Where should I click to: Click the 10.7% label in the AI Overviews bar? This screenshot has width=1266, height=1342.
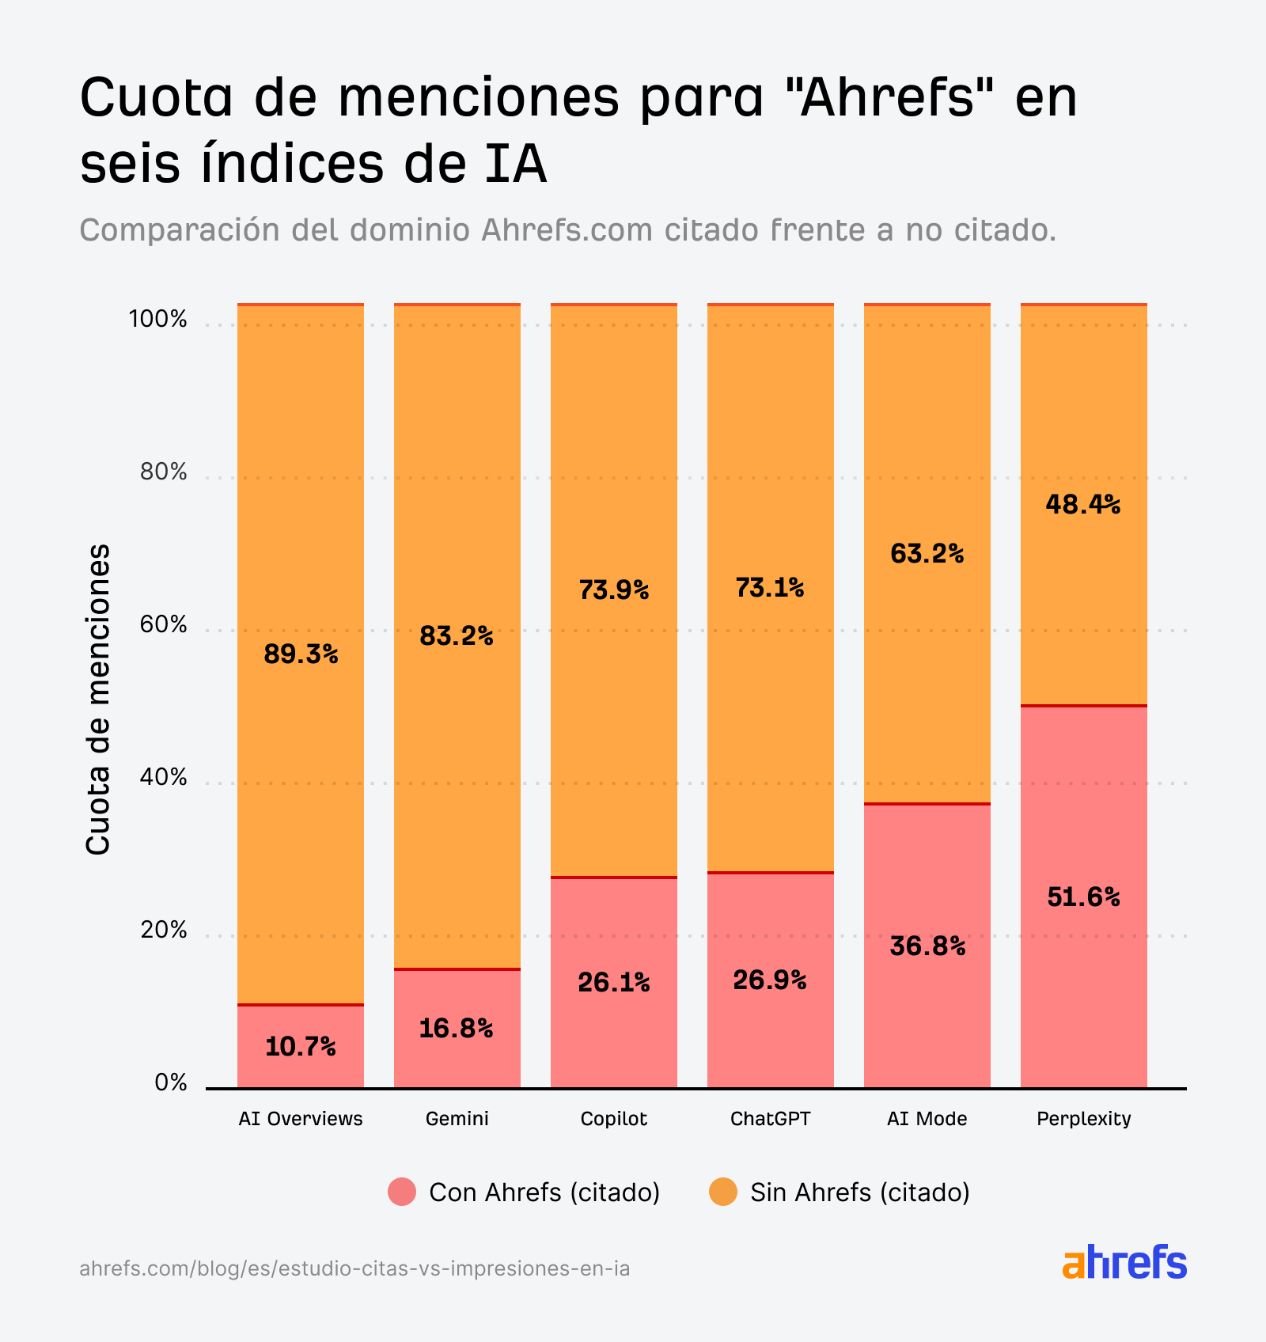pos(300,1047)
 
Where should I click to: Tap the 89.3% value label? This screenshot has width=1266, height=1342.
pos(301,654)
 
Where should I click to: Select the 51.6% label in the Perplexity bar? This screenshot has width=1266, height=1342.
pos(1083,897)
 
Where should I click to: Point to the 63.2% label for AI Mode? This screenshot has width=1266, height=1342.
pos(927,553)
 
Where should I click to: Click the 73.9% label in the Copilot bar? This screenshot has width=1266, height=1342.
pos(613,589)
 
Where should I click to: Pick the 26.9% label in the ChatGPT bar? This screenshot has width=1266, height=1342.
pos(769,980)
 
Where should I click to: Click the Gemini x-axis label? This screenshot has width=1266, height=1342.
pos(457,1119)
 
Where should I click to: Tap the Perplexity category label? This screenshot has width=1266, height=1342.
pos(1083,1119)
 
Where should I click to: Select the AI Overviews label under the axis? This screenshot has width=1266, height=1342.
pos(300,1119)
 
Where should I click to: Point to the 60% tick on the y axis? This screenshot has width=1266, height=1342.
pos(163,625)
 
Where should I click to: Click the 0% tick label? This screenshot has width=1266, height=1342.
pos(170,1082)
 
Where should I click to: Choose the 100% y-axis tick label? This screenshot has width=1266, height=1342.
pos(157,320)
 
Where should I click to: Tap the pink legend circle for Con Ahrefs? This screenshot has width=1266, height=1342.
pos(402,1192)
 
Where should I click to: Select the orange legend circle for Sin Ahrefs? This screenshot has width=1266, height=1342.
pos(722,1192)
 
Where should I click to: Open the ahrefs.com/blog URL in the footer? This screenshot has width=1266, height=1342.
pos(354,1269)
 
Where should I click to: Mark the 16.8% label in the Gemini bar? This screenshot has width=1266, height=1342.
pos(456,1029)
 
